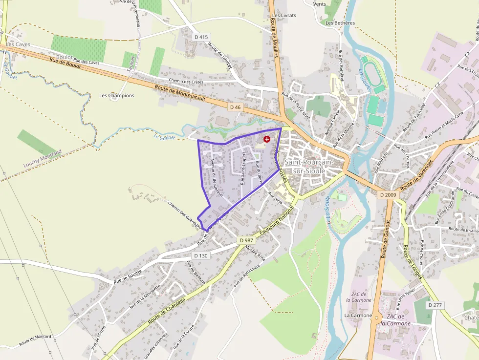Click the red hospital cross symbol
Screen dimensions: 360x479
pos(266,139)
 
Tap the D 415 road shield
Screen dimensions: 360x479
pos(201,37)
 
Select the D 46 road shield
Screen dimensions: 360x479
pos(236,107)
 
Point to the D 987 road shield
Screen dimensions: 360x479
pos(247,240)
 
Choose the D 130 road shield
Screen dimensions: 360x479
pos(201,255)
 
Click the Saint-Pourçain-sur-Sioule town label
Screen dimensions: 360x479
pos(308,166)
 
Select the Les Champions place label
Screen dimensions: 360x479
pos(116,95)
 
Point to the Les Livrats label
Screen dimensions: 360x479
pos(284,16)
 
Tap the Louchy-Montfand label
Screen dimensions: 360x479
pos(43,159)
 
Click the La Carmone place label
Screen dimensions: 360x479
pos(358,316)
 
